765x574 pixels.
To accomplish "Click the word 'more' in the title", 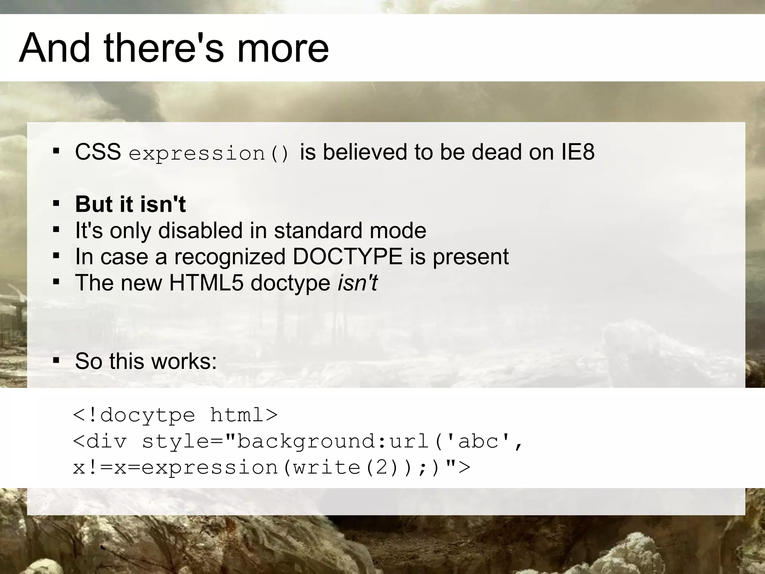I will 283,48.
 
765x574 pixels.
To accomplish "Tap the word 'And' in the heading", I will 55,48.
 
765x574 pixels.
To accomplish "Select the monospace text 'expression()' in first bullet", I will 209,154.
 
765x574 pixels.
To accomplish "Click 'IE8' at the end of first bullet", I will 577,152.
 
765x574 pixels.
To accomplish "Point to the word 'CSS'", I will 98,152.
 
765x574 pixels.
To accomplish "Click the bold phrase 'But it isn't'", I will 130,204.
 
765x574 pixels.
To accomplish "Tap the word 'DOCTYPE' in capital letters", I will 347,256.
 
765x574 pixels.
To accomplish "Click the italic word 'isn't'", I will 357,283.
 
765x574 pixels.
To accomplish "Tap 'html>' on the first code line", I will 244,415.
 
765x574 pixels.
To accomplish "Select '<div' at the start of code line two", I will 100,441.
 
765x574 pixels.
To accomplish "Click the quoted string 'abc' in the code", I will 478,441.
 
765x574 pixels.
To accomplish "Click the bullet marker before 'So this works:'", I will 56,361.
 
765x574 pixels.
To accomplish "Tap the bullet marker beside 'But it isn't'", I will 56,204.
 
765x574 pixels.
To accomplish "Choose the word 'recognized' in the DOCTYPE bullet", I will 230,257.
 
